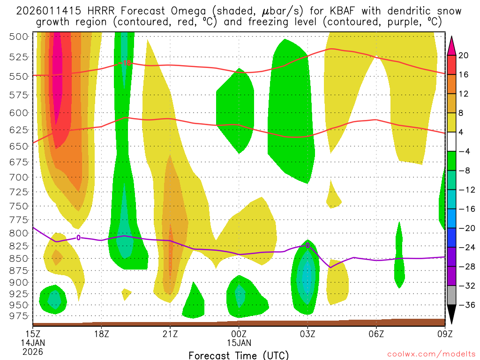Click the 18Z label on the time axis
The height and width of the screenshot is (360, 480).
point(102,334)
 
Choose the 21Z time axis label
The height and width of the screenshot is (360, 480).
point(170,334)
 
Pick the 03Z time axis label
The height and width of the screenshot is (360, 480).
point(307,334)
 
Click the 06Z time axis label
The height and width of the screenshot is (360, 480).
point(376,334)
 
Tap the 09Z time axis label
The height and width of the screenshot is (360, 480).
point(444,334)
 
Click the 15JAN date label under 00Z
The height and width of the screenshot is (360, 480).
point(239,343)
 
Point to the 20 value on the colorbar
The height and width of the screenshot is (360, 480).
point(464,55)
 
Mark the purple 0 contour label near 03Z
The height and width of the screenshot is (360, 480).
point(307,245)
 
